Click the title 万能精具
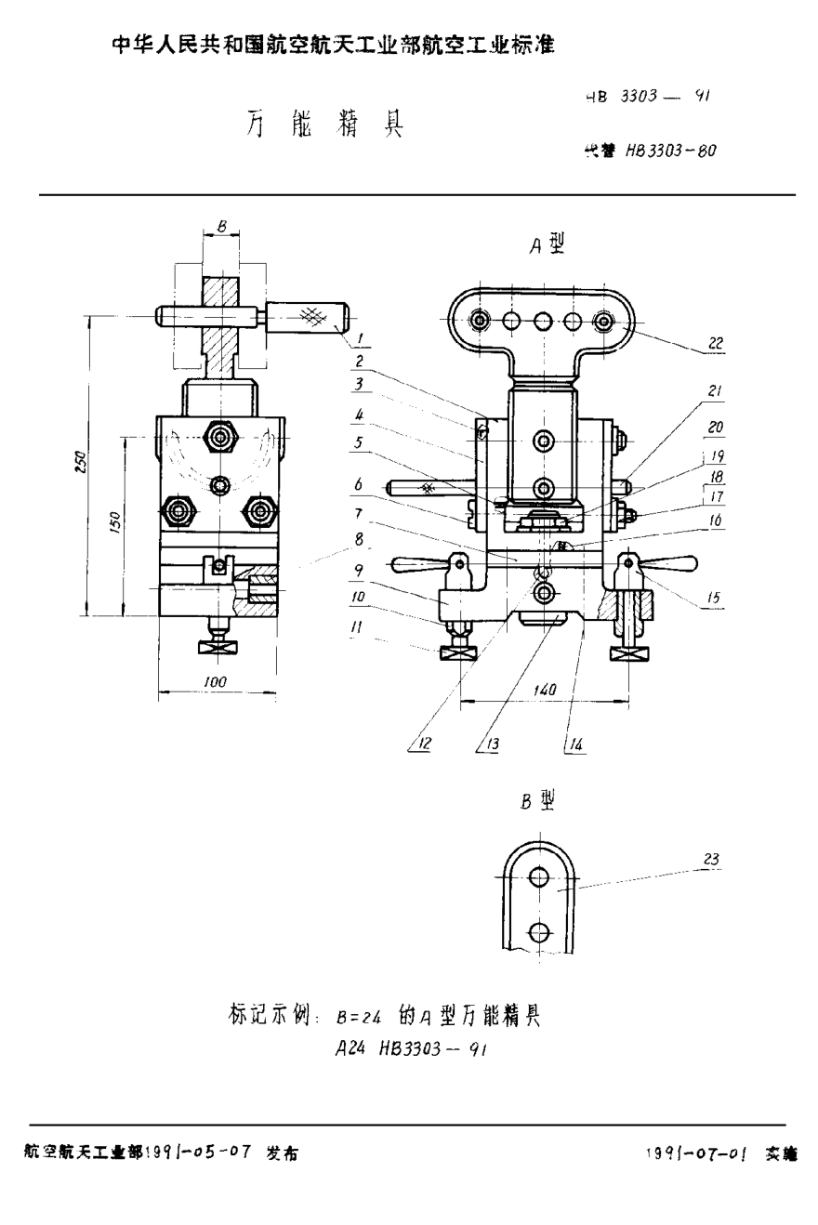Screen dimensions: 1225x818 click(324, 125)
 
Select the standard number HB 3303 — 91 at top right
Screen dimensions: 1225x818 click(648, 95)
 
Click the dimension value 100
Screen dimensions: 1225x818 click(216, 682)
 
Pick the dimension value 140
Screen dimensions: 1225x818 click(545, 690)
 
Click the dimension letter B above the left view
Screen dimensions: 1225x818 click(220, 225)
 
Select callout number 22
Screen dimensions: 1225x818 click(714, 343)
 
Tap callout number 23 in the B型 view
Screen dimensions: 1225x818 click(710, 860)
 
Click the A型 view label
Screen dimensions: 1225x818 click(547, 244)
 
